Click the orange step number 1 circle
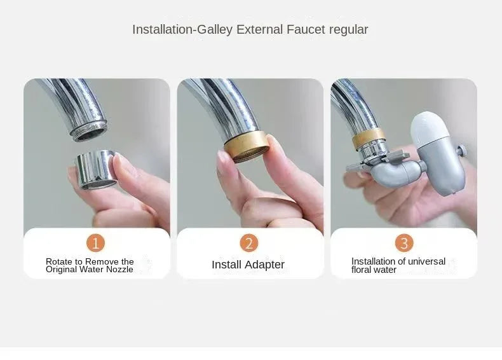tap(95, 242)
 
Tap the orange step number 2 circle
tap(249, 242)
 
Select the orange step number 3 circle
tap(404, 242)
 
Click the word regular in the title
tap(349, 29)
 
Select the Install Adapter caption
tap(248, 265)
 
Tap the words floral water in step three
tap(374, 270)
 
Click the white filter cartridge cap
tap(430, 125)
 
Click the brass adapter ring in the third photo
tap(369, 137)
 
